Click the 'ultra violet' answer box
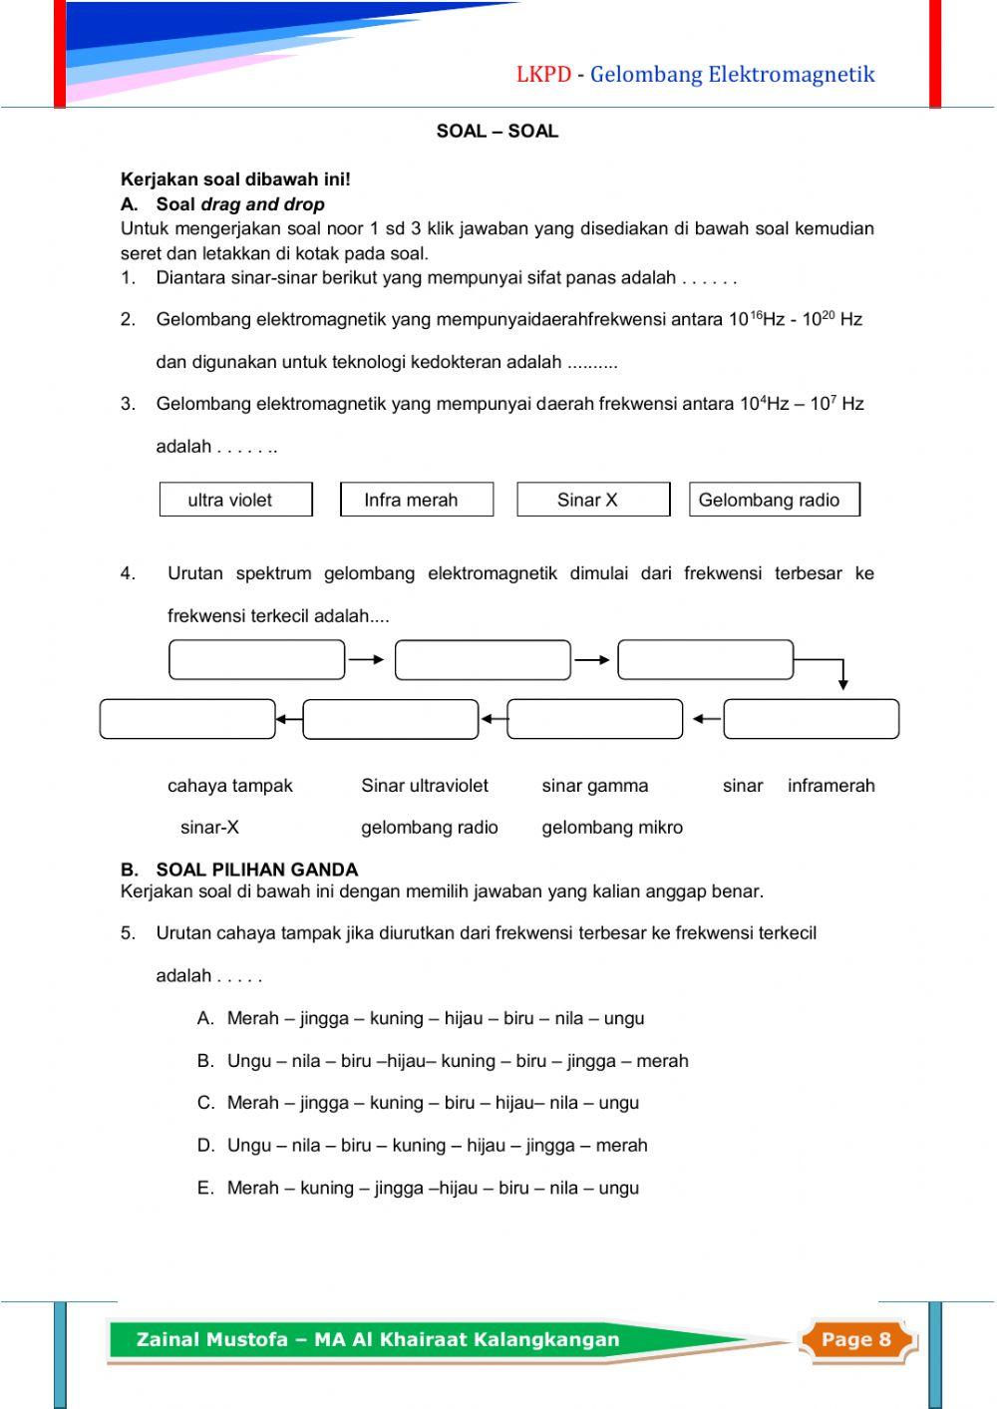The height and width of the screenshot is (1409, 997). tap(235, 500)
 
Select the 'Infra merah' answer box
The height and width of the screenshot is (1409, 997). tap(416, 500)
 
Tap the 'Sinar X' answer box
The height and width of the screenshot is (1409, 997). tap(592, 500)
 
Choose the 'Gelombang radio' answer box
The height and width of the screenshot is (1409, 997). tap(773, 500)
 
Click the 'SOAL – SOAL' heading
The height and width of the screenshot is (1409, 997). tap(497, 132)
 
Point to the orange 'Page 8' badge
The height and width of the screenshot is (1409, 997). tap(855, 1339)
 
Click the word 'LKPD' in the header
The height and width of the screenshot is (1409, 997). tap(543, 75)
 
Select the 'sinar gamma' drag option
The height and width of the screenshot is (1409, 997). tap(594, 786)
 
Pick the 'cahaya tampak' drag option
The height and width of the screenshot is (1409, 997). tap(229, 786)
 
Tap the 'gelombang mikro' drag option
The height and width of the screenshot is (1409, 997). tap(612, 828)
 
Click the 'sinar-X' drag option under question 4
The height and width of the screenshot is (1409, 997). tap(209, 828)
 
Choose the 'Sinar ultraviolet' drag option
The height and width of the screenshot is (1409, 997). tap(424, 786)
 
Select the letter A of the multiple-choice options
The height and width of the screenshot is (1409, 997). tap(205, 1019)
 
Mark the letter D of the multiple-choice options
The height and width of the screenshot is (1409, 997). tap(205, 1146)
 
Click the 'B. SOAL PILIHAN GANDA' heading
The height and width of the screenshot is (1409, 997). tap(239, 870)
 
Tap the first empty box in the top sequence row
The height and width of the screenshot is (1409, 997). tap(256, 660)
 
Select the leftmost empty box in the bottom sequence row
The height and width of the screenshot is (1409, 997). tap(187, 719)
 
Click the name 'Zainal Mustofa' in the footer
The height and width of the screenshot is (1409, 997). tap(211, 1339)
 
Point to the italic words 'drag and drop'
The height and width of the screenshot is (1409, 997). tap(262, 204)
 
